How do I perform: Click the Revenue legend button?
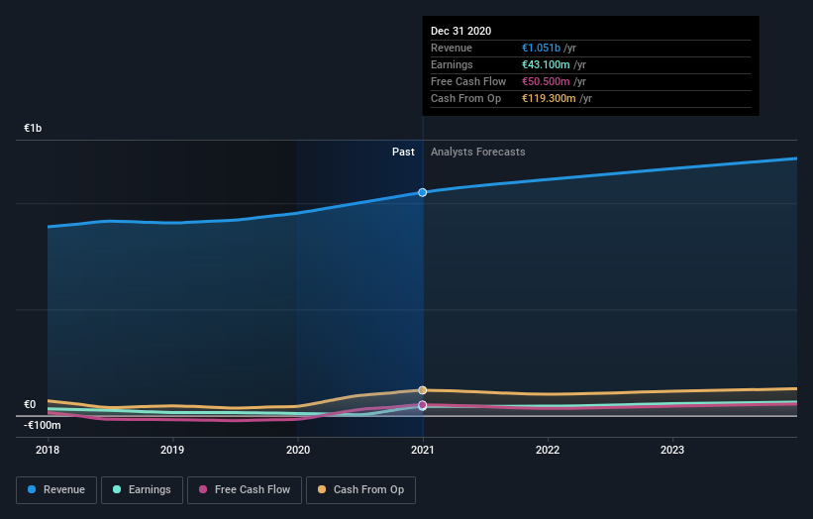[x=56, y=489]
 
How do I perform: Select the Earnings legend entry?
[x=142, y=489]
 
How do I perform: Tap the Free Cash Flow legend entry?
[x=244, y=489]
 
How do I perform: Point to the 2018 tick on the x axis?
[x=48, y=449]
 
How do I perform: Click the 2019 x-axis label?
[x=172, y=449]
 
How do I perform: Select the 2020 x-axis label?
[x=297, y=449]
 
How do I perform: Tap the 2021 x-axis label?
[x=423, y=449]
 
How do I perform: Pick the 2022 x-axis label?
[x=548, y=449]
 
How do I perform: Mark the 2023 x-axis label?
[x=672, y=449]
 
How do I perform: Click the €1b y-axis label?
[x=34, y=129]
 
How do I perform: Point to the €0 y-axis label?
[x=30, y=404]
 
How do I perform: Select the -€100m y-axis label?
[x=43, y=425]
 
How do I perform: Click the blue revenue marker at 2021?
[x=423, y=192]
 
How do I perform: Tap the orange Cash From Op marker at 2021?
[x=423, y=390]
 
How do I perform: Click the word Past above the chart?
[x=403, y=152]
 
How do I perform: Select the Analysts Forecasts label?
[x=477, y=152]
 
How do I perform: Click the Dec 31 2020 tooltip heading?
[x=460, y=32]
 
